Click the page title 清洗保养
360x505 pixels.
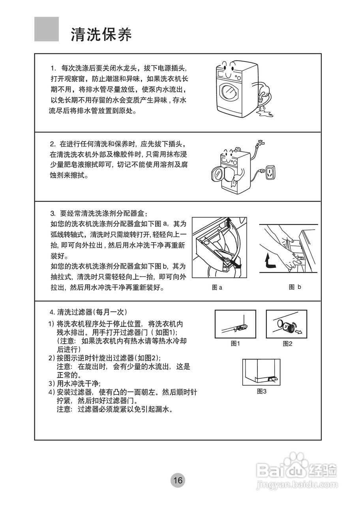(x=101, y=35)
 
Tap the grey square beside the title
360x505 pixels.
(x=47, y=29)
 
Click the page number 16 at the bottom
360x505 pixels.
(x=178, y=480)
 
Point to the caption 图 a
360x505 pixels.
(x=217, y=288)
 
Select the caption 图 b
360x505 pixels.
(x=295, y=287)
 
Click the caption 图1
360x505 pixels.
(x=235, y=344)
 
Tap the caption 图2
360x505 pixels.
(x=287, y=344)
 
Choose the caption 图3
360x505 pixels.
(x=262, y=391)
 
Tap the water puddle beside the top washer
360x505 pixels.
(x=263, y=114)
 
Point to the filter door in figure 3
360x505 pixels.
(x=272, y=379)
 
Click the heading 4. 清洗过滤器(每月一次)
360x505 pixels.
(x=88, y=312)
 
